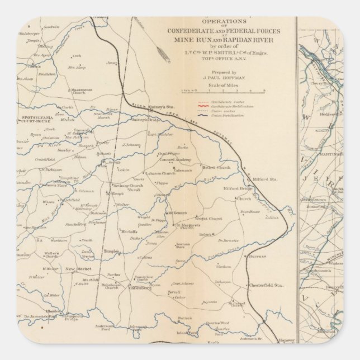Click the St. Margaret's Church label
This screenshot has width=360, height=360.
point(186,226)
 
